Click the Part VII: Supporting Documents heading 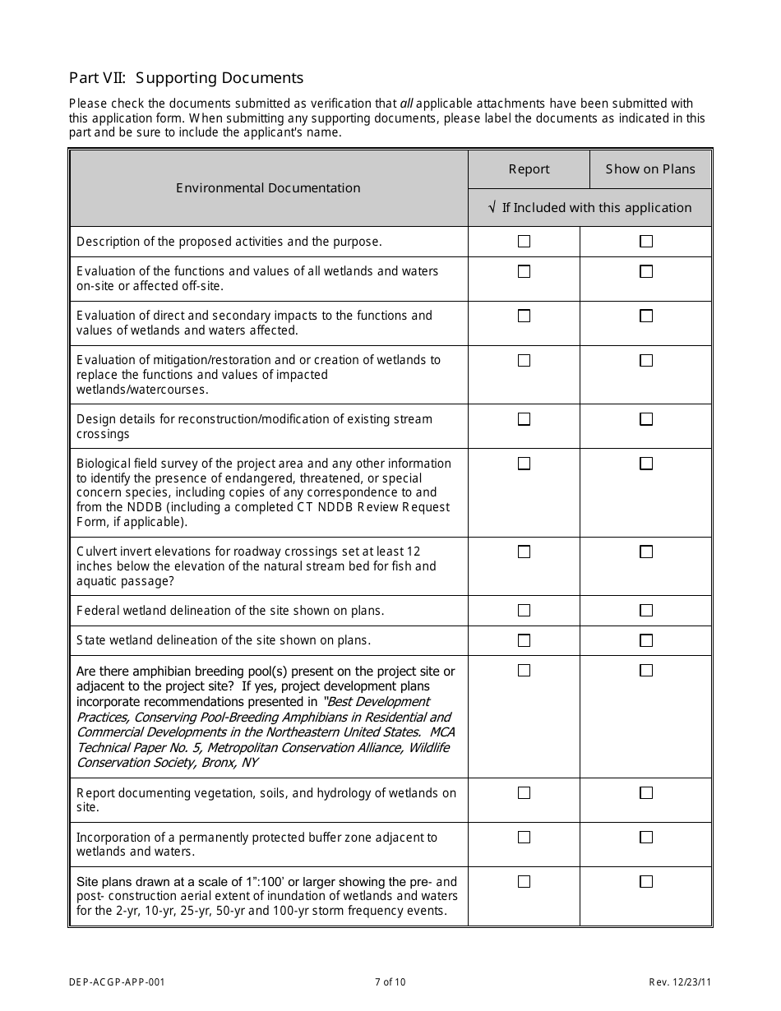186,78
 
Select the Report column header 529,169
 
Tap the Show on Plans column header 650,169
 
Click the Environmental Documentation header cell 268,188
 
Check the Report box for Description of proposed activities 524,242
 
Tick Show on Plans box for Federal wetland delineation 646,611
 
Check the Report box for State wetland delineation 524,640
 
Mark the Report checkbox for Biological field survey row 524,464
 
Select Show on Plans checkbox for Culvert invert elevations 646,552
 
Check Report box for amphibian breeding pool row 524,671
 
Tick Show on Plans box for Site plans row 646,882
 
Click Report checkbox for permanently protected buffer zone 524,838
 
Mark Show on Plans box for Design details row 646,419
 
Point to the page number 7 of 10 390,981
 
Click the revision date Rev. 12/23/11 679,981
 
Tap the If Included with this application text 596,208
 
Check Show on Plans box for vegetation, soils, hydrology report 646,793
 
